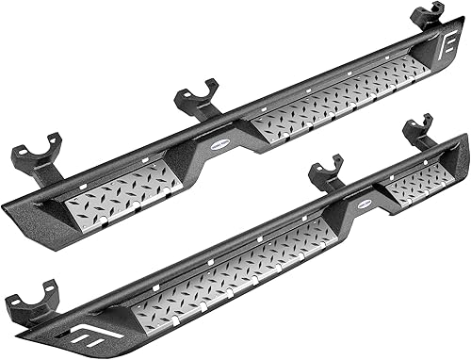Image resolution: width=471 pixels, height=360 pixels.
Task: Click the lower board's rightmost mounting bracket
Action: point(418,133)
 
